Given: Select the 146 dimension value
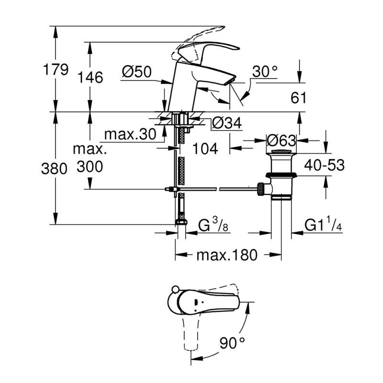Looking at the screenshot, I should click(x=91, y=77).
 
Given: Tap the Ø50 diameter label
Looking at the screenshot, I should click(x=136, y=72).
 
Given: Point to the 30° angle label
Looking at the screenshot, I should click(x=265, y=72).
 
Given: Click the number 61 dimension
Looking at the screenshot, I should click(x=298, y=98).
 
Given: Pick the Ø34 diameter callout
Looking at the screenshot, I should click(x=226, y=124).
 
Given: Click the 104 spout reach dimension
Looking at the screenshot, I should click(x=206, y=149).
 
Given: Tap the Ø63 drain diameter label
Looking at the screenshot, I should click(x=281, y=141).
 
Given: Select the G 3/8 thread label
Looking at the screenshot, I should click(x=214, y=225).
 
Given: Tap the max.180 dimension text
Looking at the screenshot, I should click(x=227, y=254).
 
